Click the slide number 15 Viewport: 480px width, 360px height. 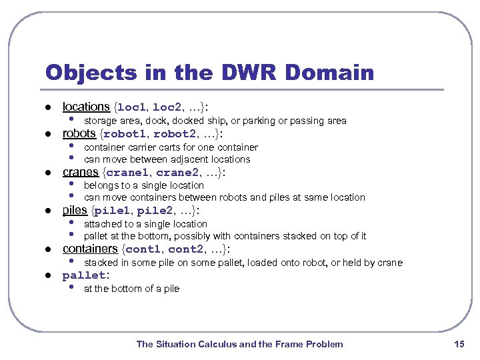click(x=458, y=344)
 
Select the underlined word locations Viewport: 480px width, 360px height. click(x=85, y=107)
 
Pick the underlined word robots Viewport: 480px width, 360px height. click(x=79, y=133)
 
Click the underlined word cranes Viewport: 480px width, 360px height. click(x=80, y=172)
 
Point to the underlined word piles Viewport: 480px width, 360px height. click(x=75, y=211)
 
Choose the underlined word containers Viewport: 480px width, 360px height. click(x=90, y=249)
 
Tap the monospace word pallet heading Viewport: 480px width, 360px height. click(x=84, y=275)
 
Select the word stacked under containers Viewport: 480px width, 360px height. click(x=100, y=263)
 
